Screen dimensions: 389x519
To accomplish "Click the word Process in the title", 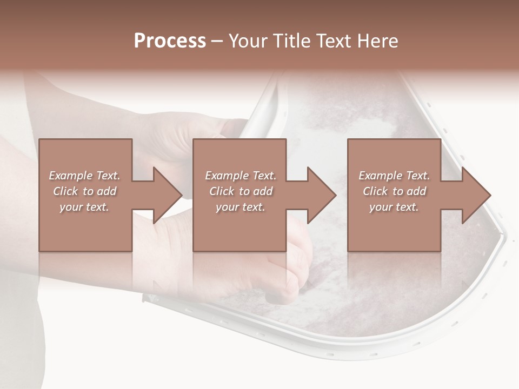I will click(x=170, y=41).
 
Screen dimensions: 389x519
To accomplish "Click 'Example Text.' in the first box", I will click(x=84, y=176).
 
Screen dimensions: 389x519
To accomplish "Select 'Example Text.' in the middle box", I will click(x=241, y=176).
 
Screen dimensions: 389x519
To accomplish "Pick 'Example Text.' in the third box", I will click(x=394, y=176).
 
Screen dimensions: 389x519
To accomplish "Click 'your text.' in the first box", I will click(x=84, y=207).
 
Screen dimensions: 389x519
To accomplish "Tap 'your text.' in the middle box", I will click(x=241, y=207).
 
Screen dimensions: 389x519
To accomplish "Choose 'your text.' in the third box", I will click(x=394, y=207).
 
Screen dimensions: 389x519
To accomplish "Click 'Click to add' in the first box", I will click(x=84, y=191).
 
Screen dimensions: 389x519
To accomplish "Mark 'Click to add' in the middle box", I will click(x=241, y=191).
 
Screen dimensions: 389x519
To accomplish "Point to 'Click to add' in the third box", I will click(x=394, y=191).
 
